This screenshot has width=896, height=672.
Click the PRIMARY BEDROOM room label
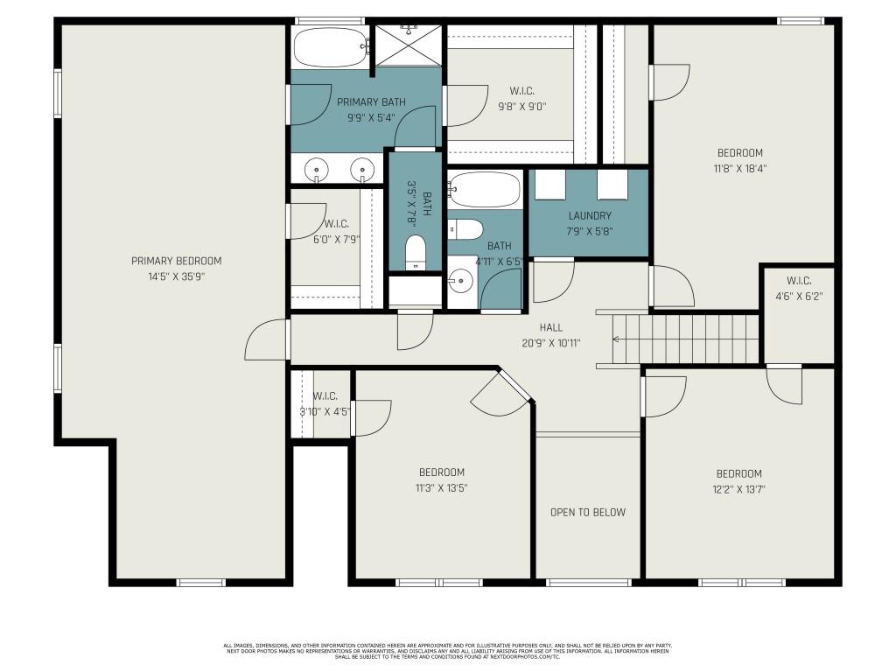[176, 261]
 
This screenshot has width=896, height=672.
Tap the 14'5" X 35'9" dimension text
[176, 276]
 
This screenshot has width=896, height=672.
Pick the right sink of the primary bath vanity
[362, 169]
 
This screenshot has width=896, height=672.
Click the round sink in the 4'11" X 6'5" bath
[461, 282]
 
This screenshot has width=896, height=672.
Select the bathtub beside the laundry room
[486, 190]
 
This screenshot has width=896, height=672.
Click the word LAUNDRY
[589, 215]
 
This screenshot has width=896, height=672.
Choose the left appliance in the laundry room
[551, 185]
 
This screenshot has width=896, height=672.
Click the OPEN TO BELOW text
[587, 512]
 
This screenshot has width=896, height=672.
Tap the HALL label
[551, 327]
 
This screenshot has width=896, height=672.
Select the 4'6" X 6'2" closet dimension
[798, 296]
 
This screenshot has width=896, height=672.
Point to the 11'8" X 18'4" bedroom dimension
[739, 168]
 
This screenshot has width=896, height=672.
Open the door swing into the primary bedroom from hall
[266, 341]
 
